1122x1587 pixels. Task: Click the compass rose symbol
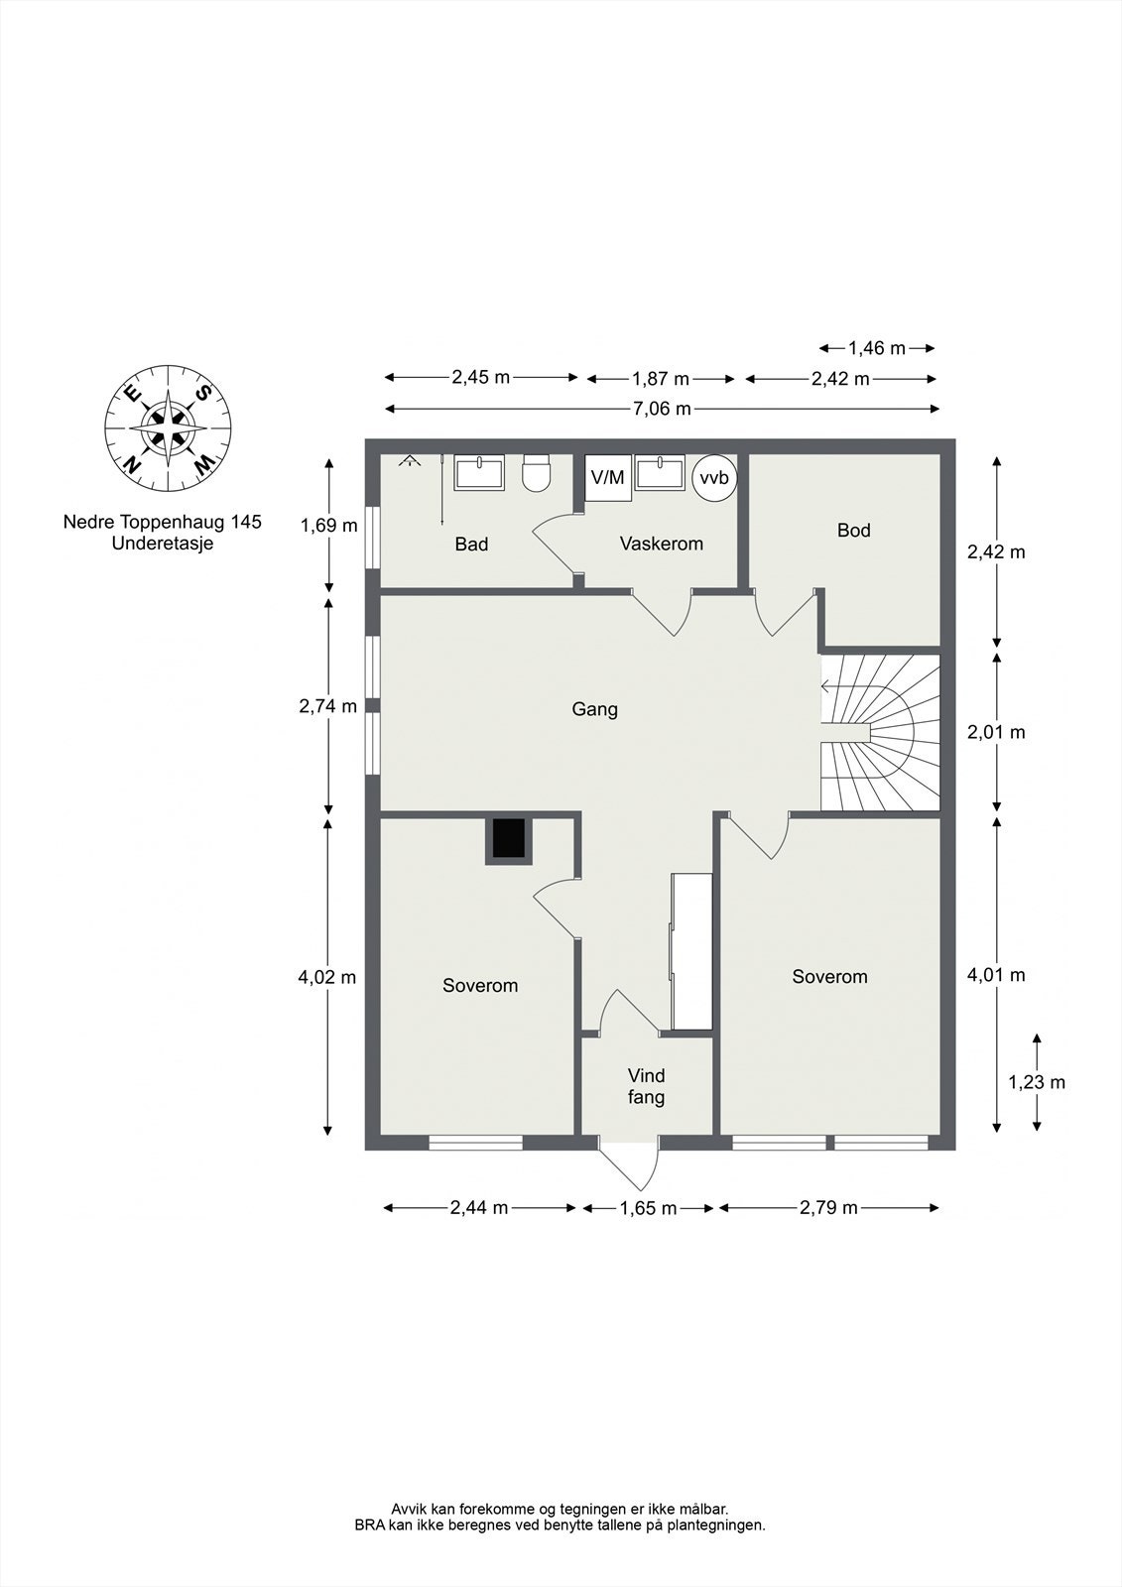[169, 428]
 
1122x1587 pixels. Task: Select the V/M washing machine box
[607, 477]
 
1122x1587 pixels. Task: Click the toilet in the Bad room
[536, 473]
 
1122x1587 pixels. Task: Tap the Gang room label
[594, 709]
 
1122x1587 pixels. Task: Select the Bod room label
[853, 531]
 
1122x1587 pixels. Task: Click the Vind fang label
[646, 1086]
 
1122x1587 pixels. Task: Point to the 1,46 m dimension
[877, 348]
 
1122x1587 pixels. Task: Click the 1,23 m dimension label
[1037, 1082]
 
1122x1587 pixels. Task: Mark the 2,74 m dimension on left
[327, 706]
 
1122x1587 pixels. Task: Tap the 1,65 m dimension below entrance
[648, 1208]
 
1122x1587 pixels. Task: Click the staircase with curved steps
[881, 732]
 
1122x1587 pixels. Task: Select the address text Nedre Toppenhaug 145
[163, 522]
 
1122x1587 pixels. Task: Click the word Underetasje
[163, 544]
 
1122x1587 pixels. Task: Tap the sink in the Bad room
[479, 473]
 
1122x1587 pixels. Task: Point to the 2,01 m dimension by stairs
[996, 733]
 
